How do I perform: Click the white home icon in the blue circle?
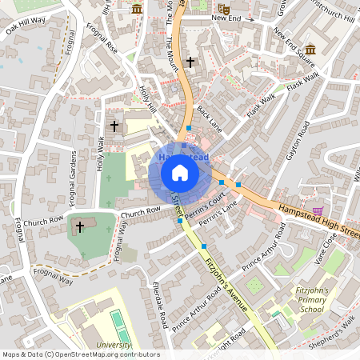click(x=180, y=172)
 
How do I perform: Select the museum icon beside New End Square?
click(x=310, y=50)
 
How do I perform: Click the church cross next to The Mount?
click(x=190, y=62)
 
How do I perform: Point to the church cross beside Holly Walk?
click(x=114, y=126)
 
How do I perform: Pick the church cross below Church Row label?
click(x=79, y=227)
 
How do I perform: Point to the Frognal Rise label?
click(x=101, y=50)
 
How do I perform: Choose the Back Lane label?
click(x=209, y=121)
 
